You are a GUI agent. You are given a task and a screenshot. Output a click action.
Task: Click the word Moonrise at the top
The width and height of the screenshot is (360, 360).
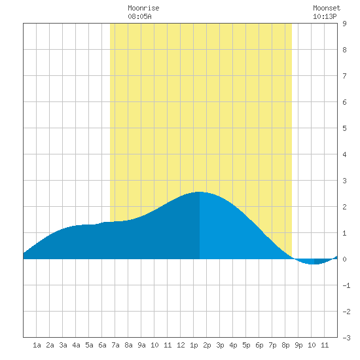143,8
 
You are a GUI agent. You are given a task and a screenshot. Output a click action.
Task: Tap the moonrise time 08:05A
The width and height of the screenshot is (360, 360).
139,16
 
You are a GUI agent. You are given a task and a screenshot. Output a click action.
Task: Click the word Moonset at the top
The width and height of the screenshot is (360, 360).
327,8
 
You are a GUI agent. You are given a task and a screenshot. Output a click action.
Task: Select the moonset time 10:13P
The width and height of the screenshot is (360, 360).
325,16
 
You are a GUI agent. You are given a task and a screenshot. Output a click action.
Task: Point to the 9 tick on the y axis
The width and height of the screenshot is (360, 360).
344,24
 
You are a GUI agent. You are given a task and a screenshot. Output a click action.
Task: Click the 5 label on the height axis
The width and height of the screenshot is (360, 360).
344,128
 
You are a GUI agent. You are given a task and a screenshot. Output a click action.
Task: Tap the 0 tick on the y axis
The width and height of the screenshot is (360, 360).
344,259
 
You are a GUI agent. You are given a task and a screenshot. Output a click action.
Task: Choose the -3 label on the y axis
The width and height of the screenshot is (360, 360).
346,338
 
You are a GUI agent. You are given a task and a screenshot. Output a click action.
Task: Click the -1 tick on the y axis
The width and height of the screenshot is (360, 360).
346,285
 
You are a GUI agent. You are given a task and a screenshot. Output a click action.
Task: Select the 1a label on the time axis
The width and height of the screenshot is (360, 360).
37,345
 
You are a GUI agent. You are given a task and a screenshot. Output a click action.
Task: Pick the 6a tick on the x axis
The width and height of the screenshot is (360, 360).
102,345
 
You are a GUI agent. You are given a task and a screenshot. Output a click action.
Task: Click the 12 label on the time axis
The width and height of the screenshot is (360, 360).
181,345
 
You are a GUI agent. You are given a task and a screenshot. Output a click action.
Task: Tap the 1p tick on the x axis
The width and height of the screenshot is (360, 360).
194,346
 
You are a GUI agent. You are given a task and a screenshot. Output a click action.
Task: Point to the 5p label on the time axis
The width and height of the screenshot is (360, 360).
246,346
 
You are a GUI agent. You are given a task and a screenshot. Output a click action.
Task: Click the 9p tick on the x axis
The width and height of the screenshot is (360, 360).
298,346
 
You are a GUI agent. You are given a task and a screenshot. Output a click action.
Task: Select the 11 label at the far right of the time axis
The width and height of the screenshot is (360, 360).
325,345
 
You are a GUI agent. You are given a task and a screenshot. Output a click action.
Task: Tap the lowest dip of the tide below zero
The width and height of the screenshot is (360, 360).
314,264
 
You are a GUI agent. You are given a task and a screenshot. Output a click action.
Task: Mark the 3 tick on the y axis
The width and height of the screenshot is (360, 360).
344,181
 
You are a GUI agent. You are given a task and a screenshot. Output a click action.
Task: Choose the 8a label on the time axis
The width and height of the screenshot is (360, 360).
128,345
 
